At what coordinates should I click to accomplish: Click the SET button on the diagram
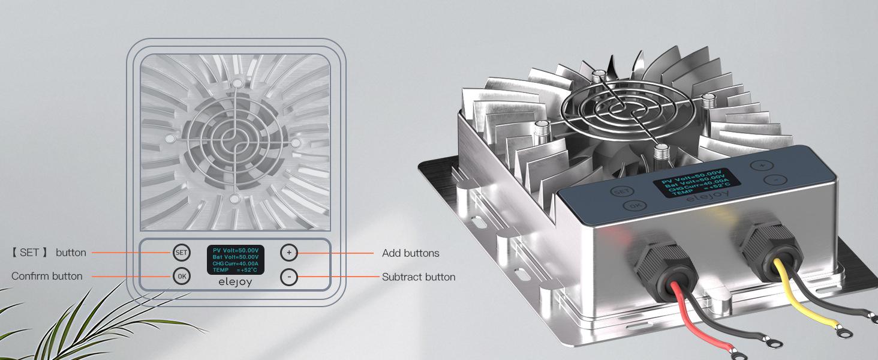pos(181,253)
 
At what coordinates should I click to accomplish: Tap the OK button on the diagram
pos(181,276)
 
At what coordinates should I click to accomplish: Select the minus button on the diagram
pos(288,277)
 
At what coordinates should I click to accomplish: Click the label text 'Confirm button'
pos(47,276)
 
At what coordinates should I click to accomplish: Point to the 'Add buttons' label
pos(410,253)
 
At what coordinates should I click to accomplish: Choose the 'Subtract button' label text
pos(419,277)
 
